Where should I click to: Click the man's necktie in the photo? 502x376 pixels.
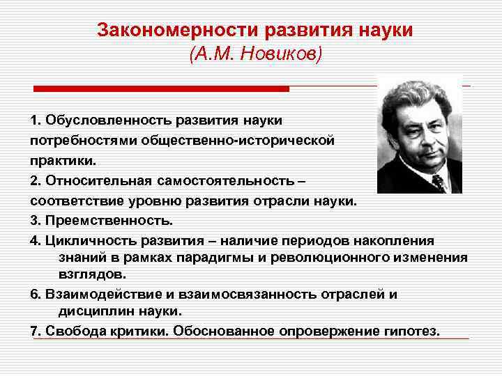(x=438, y=182)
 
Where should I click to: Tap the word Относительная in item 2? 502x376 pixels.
(x=88, y=180)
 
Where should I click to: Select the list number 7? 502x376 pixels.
(x=35, y=330)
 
